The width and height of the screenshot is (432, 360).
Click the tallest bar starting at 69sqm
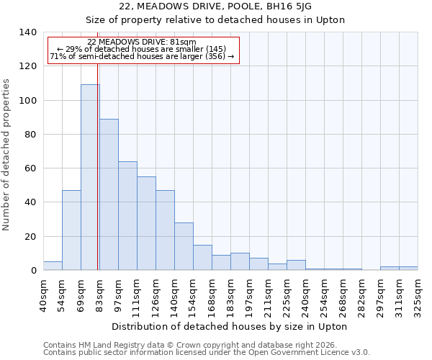[90, 177]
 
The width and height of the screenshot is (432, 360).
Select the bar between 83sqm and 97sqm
[109, 194]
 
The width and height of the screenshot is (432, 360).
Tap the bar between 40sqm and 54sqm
[53, 266]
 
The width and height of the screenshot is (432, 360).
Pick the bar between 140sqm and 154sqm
[184, 246]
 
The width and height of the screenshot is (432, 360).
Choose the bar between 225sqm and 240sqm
[296, 265]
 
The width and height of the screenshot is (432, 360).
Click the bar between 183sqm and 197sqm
[240, 261]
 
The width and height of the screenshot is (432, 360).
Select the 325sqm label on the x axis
[418, 296]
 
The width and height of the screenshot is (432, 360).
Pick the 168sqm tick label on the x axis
[212, 296]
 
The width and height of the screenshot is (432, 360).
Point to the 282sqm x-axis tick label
[361, 296]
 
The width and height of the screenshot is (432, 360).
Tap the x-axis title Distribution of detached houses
[230, 326]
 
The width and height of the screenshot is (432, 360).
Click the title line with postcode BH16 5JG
[216, 6]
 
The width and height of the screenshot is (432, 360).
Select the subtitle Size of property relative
[216, 19]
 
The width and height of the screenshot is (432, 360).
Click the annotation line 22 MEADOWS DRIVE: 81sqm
[141, 42]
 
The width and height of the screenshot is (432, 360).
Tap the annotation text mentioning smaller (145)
[141, 49]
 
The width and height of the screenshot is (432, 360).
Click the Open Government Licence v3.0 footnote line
[207, 352]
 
